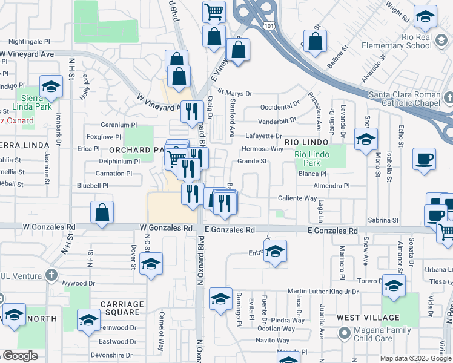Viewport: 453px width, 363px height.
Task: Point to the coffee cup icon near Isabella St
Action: (x=424, y=159)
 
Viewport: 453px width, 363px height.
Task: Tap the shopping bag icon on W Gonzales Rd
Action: (x=102, y=212)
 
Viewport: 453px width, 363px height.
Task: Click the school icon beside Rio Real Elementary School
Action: (x=425, y=18)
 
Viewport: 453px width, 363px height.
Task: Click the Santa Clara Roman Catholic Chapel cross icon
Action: (x=448, y=97)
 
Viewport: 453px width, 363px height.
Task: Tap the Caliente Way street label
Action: (x=297, y=198)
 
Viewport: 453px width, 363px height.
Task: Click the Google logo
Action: (x=20, y=356)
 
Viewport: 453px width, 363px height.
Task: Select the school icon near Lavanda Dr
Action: (x=366, y=140)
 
